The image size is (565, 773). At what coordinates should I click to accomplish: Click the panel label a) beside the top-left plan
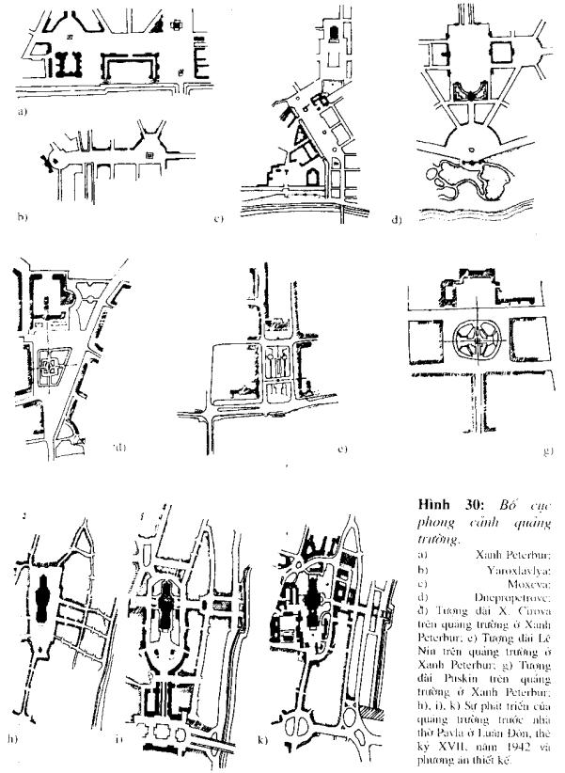pyautogui.click(x=20, y=112)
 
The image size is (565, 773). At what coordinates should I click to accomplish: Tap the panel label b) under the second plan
pyautogui.click(x=20, y=216)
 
